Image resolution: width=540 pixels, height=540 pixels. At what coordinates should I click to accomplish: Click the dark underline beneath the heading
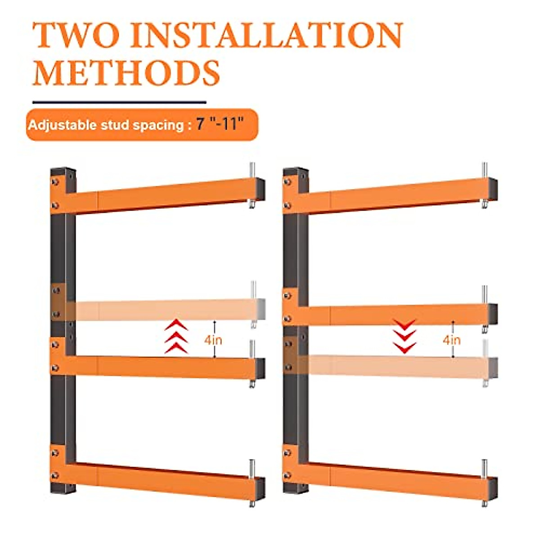click(119, 103)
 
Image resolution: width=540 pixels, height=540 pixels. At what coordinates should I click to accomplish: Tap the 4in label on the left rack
click(213, 340)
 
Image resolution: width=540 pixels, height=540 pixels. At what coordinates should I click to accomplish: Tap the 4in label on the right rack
click(451, 340)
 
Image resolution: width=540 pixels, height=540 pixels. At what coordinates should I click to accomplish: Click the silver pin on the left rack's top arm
click(252, 171)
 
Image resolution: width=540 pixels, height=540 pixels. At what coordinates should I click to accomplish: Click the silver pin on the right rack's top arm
click(485, 171)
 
